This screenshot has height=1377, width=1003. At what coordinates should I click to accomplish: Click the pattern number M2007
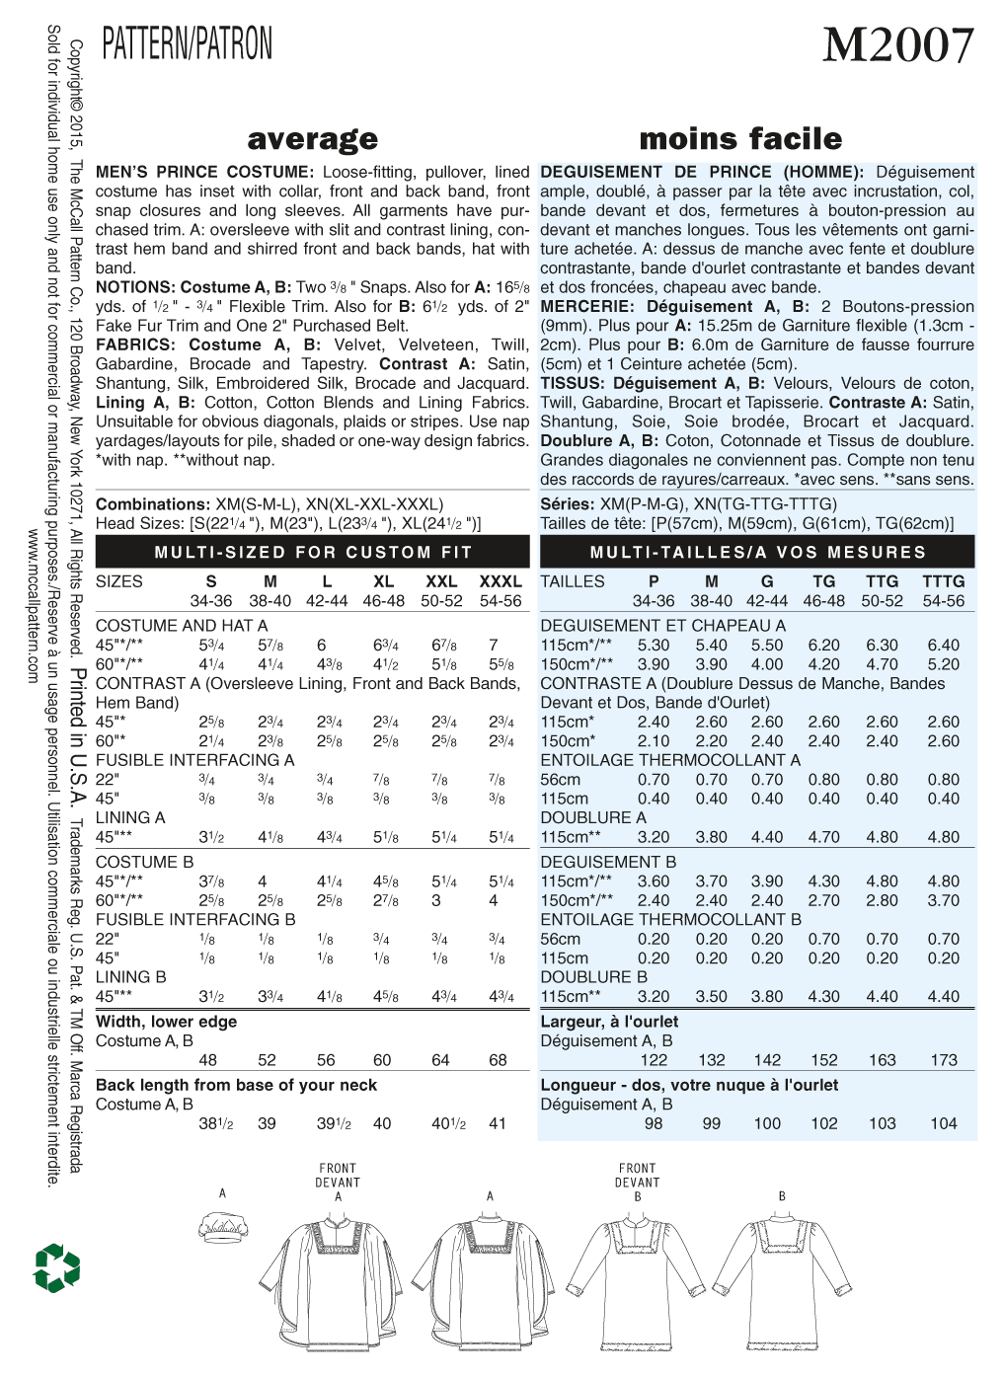click(897, 45)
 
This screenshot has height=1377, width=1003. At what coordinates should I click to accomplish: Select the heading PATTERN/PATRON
click(188, 44)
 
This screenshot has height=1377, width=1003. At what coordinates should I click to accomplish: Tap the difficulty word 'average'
click(313, 139)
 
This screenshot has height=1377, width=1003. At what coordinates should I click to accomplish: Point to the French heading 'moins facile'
click(740, 139)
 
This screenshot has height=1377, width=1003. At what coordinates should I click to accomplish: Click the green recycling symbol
click(56, 1267)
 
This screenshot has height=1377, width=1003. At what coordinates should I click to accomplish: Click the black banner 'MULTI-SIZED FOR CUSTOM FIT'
click(313, 553)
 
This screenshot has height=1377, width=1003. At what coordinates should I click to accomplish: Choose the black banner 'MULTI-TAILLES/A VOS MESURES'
click(757, 553)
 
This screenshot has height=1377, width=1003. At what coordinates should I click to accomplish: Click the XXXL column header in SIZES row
click(500, 581)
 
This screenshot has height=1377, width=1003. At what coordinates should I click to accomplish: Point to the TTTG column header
click(943, 581)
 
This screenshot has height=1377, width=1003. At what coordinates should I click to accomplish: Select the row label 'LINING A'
click(130, 817)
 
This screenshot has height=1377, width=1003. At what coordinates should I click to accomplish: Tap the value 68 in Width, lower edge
click(498, 1060)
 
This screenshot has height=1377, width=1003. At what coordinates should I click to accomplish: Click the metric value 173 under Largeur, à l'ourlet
click(944, 1060)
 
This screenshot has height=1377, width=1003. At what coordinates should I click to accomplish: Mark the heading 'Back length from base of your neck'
click(236, 1085)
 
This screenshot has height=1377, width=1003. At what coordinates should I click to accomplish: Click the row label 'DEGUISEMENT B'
click(608, 862)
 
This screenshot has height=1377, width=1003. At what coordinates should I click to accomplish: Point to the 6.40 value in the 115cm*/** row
click(943, 645)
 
